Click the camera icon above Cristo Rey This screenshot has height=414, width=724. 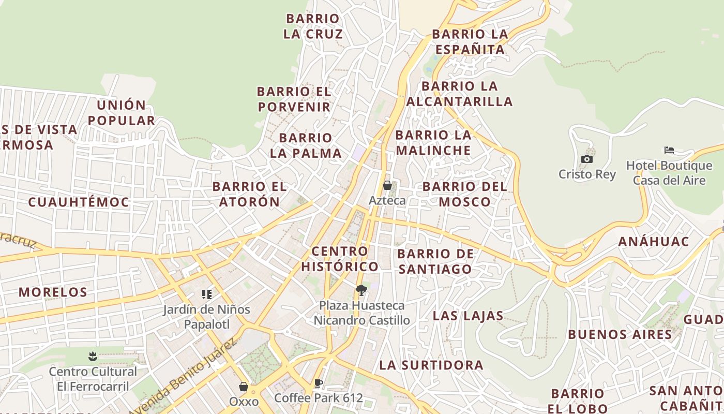587,159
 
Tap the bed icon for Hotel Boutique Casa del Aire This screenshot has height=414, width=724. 669,151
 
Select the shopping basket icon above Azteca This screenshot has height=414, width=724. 387,185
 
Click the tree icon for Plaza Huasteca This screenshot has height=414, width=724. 361,290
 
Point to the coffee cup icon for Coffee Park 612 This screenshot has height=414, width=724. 319,383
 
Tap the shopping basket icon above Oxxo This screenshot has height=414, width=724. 244,387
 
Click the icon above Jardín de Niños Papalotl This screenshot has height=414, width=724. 207,294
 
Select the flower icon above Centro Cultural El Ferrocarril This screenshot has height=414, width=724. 93,356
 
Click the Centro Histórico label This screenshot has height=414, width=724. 340,259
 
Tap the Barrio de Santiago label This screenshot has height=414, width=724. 435,261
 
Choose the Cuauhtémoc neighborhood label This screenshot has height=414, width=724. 79,202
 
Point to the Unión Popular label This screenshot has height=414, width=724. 122,113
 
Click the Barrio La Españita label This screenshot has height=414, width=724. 470,42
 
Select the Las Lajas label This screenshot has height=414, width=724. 468,316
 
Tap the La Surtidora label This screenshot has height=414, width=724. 431,365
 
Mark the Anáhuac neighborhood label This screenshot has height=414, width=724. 654,242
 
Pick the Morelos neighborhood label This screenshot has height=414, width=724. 53,292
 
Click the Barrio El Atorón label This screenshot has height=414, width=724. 249,194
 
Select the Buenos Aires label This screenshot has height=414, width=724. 620,334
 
